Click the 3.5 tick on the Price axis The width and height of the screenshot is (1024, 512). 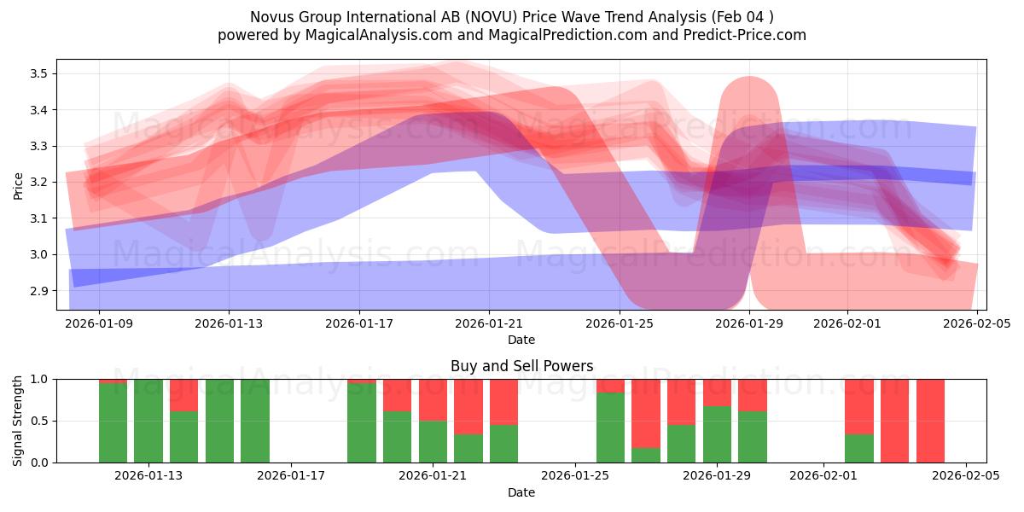pyautogui.click(x=37, y=73)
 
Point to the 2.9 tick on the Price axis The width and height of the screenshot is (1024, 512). pyautogui.click(x=37, y=291)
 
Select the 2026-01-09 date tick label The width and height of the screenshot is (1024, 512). pyautogui.click(x=99, y=323)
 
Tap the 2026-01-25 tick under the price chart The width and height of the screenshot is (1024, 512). pyautogui.click(x=620, y=323)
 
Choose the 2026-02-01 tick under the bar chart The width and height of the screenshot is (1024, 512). pyautogui.click(x=823, y=475)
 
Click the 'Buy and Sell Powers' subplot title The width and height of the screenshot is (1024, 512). pyautogui.click(x=521, y=366)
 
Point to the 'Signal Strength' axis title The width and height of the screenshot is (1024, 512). pyautogui.click(x=18, y=420)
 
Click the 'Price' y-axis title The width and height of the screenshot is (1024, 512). pyautogui.click(x=18, y=185)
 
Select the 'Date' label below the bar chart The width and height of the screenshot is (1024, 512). pyautogui.click(x=521, y=492)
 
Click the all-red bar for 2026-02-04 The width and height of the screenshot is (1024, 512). pyautogui.click(x=930, y=421)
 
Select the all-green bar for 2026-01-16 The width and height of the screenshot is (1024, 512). pyautogui.click(x=255, y=421)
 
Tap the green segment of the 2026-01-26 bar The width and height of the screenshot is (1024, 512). pyautogui.click(x=610, y=428)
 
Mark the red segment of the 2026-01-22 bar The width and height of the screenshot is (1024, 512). pyautogui.click(x=468, y=406)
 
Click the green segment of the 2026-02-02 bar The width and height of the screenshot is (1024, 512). pyautogui.click(x=859, y=448)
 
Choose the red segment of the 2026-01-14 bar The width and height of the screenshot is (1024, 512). pyautogui.click(x=183, y=395)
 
